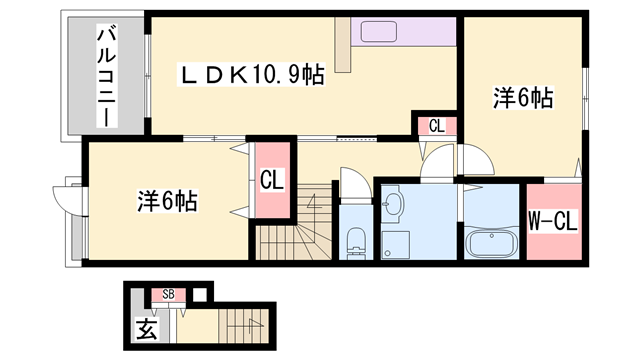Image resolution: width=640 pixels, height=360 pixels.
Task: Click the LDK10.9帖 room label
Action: (251, 75)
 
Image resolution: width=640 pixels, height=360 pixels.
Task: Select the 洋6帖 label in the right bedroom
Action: (522, 98)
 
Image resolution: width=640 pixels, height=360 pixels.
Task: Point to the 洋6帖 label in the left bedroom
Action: (166, 201)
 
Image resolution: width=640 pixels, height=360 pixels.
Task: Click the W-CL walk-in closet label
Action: (552, 220)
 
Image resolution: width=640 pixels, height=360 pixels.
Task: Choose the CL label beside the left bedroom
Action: (271, 182)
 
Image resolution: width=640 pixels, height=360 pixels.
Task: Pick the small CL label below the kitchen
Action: (437, 126)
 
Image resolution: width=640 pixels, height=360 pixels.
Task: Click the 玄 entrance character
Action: (146, 328)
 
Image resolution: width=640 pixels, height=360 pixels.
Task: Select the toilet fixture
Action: (356, 240)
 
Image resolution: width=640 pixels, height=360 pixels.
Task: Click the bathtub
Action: (491, 242)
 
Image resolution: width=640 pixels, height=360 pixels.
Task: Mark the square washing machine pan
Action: (394, 243)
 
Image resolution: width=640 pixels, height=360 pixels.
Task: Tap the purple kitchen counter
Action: (406, 30)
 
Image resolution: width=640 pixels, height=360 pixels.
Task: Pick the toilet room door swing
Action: (353, 183)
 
